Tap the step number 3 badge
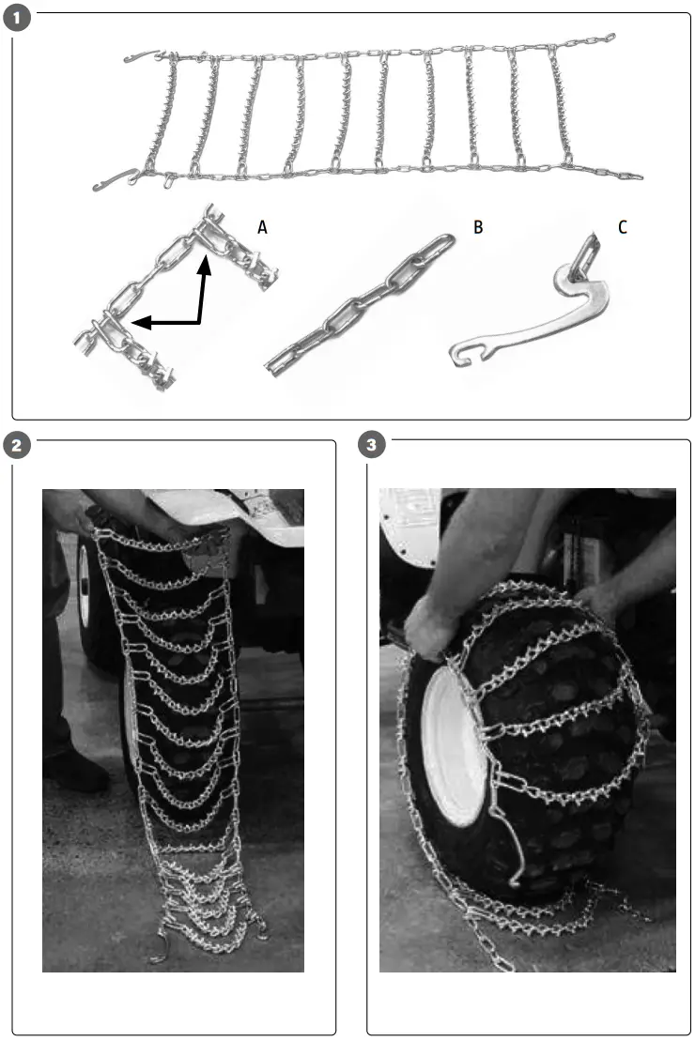tap(374, 445)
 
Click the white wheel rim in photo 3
tap(455, 751)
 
